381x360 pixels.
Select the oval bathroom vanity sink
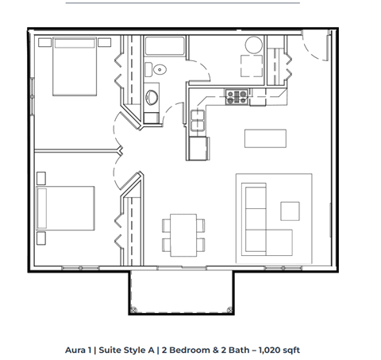154,98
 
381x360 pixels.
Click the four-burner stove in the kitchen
236,97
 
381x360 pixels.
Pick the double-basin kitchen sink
197,123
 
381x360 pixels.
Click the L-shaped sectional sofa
261,217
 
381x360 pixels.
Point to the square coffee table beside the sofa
289,209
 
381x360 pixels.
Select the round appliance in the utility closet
253,45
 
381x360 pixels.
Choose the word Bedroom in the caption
190,349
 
